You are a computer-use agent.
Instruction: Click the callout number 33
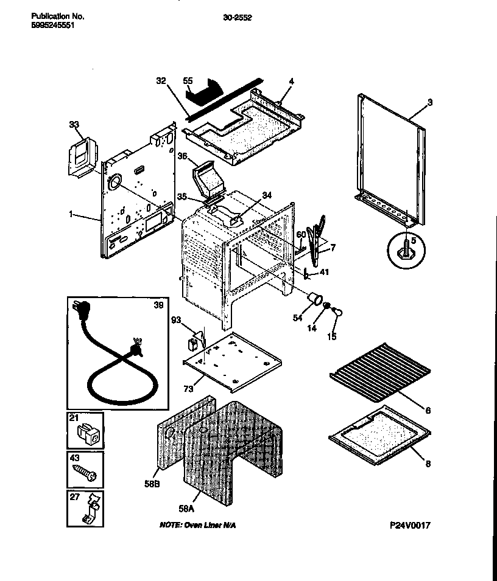(74, 125)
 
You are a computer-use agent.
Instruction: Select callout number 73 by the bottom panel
(189, 388)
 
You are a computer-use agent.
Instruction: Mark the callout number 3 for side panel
(429, 102)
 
